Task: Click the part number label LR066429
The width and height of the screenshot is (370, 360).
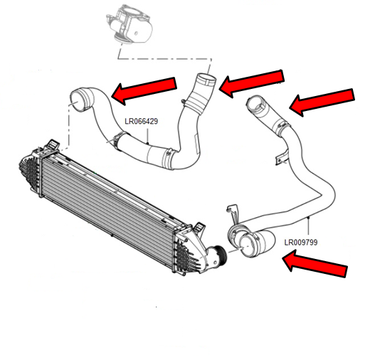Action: (141, 121)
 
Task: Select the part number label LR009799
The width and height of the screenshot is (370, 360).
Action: (301, 243)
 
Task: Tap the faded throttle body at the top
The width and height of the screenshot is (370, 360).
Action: (129, 24)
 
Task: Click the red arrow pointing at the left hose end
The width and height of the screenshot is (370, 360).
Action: (144, 90)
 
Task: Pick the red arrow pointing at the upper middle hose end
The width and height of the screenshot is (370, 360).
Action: (251, 83)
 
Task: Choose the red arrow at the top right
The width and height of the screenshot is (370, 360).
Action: (322, 102)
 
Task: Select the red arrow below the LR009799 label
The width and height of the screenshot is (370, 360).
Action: (315, 263)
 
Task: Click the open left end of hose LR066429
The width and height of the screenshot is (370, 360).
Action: (78, 100)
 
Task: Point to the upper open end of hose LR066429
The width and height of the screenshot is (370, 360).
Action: (206, 79)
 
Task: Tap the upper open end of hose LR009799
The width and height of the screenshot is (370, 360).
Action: (254, 102)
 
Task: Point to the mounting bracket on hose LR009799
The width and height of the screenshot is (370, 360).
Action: (282, 157)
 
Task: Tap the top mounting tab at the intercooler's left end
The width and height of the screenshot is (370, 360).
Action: (53, 144)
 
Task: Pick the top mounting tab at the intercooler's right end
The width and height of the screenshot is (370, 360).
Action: (199, 228)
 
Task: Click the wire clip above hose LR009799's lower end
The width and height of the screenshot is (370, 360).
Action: (233, 213)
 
